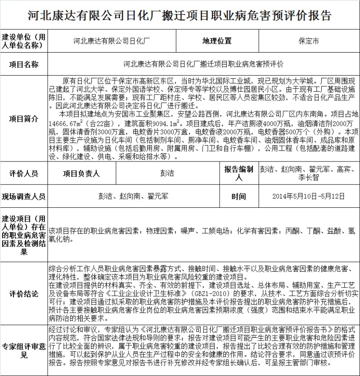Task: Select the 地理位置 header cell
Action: [216, 41]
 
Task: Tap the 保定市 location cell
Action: [308, 41]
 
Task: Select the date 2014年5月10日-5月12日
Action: [308, 197]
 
